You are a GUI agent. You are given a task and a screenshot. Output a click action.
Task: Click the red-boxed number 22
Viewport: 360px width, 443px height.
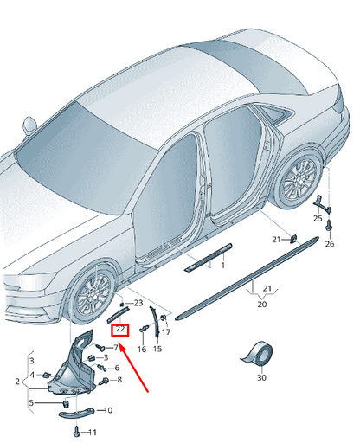[120, 329]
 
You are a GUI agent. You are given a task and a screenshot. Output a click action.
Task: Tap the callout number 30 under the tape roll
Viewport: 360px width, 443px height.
[261, 377]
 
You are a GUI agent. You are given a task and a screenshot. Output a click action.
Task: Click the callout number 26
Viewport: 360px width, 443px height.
[330, 244]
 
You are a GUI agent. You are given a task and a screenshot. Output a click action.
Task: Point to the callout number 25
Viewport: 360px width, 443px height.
[318, 218]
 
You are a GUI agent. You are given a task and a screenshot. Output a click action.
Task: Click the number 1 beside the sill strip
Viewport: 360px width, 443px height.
[222, 265]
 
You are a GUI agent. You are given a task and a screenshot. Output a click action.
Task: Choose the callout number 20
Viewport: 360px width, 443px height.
[262, 304]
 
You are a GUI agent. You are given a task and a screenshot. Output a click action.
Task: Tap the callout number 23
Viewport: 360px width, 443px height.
[138, 303]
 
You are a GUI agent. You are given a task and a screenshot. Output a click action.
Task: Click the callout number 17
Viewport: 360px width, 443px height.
[166, 332]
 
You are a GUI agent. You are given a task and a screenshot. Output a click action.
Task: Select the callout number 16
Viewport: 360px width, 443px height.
[142, 349]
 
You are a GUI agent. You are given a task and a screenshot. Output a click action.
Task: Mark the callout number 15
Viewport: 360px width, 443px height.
[157, 349]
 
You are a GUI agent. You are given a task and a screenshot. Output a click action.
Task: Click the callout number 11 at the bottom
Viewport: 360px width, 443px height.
[93, 433]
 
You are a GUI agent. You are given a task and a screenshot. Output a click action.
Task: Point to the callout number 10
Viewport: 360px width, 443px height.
[108, 410]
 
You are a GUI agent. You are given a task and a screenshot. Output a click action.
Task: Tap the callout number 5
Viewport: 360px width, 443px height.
[31, 402]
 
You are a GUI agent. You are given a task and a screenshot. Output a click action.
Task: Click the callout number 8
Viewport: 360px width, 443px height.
[119, 380]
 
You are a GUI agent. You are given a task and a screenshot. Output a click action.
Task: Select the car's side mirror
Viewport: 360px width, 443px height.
[29, 125]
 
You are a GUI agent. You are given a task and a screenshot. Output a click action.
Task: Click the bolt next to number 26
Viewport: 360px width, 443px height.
[329, 225]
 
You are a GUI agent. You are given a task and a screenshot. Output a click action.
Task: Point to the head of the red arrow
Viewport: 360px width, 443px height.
[120, 346]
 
